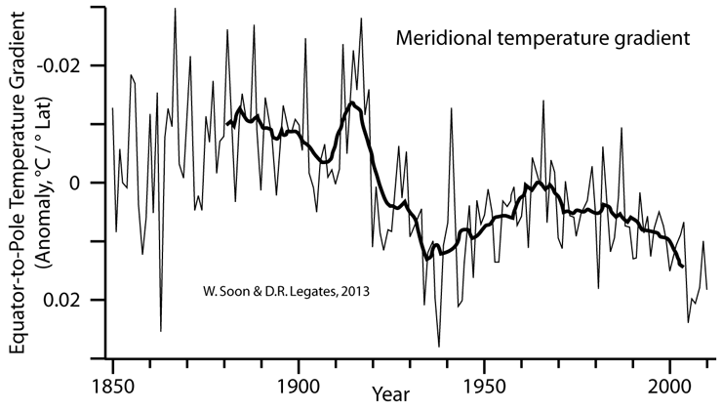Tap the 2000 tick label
pos(670,383)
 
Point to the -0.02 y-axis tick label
pos(72,65)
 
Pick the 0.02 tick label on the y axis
pos(75,300)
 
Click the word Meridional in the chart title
pos(441,40)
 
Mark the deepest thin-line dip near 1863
pos(161,331)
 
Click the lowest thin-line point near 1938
pos(439,346)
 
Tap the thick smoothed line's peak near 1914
pos(350,103)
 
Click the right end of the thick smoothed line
pos(683,266)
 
